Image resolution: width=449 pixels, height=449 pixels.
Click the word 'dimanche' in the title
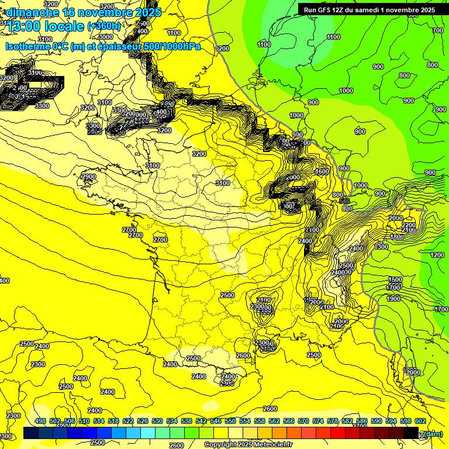point(29,12)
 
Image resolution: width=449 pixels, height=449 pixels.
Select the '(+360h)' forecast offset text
point(103,26)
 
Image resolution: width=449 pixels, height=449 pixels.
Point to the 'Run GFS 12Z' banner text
point(328,9)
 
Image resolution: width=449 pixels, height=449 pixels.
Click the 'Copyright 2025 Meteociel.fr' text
point(248,444)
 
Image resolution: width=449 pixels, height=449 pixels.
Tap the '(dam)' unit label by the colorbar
point(433,433)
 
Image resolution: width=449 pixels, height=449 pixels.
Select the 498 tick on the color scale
point(40,421)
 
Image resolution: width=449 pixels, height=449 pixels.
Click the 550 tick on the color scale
point(230,421)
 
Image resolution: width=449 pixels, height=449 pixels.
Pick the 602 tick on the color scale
point(420,421)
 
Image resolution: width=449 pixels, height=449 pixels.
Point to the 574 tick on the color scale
point(318,421)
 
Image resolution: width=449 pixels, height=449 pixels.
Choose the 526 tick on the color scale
point(143,421)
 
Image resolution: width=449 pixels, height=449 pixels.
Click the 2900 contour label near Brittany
point(89,177)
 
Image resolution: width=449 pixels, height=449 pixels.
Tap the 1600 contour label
point(322,172)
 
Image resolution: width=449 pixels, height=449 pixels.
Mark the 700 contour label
point(438,30)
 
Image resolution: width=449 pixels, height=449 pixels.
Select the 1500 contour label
point(395,280)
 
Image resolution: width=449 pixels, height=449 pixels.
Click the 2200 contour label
point(409,225)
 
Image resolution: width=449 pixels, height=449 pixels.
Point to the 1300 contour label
point(381,247)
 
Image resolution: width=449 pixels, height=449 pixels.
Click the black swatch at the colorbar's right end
point(411,433)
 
